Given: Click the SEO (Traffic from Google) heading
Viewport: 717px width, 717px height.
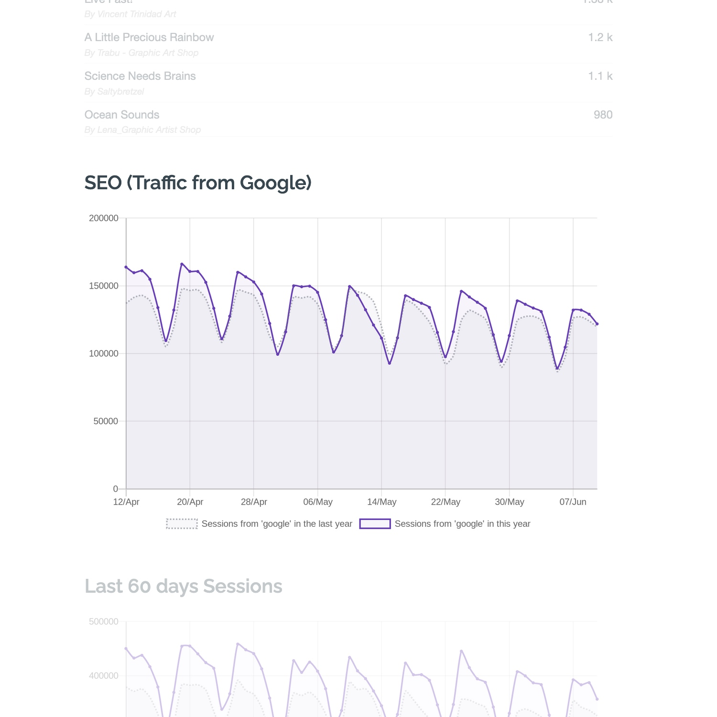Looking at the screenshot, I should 198,183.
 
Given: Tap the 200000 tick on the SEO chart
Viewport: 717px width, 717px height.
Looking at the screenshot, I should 104,218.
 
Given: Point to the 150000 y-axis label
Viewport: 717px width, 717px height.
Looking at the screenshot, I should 104,286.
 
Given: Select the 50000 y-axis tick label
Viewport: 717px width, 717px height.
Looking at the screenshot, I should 106,421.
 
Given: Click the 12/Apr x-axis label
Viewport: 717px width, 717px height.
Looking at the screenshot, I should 126,502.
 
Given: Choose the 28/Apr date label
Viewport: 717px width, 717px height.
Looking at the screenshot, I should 254,502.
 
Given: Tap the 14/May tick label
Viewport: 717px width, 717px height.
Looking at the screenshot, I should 381,502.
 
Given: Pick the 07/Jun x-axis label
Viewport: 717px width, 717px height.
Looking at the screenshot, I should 573,502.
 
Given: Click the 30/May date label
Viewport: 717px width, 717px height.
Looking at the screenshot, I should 510,502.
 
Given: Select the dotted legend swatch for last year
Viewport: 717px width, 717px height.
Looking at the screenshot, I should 182,524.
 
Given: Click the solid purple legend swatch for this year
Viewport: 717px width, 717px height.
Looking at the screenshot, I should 375,524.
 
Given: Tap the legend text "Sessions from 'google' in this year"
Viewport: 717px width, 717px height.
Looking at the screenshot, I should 462,524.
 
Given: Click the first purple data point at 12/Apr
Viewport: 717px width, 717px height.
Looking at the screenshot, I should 126,267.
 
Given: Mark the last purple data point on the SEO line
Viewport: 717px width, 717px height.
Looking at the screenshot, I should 597,324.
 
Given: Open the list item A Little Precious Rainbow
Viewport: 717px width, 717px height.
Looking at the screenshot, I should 149,37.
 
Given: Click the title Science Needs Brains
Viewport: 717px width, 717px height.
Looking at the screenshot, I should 140,76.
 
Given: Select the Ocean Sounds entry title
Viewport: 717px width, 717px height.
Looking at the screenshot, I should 122,115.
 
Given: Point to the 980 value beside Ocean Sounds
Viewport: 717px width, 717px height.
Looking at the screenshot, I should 603,115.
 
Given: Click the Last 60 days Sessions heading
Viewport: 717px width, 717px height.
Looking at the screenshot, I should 184,586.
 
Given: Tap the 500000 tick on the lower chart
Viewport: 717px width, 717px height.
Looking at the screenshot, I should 104,622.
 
